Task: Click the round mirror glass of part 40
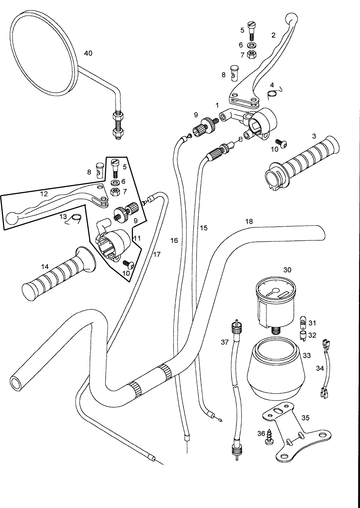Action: [43, 54]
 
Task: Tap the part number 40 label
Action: [88, 53]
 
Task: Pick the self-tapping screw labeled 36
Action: [270, 436]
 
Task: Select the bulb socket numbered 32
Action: [303, 336]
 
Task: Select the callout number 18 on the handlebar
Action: [249, 222]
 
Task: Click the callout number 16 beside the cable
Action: [174, 240]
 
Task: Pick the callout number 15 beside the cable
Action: [204, 228]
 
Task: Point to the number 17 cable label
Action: [157, 254]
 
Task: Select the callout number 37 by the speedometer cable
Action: [225, 342]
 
